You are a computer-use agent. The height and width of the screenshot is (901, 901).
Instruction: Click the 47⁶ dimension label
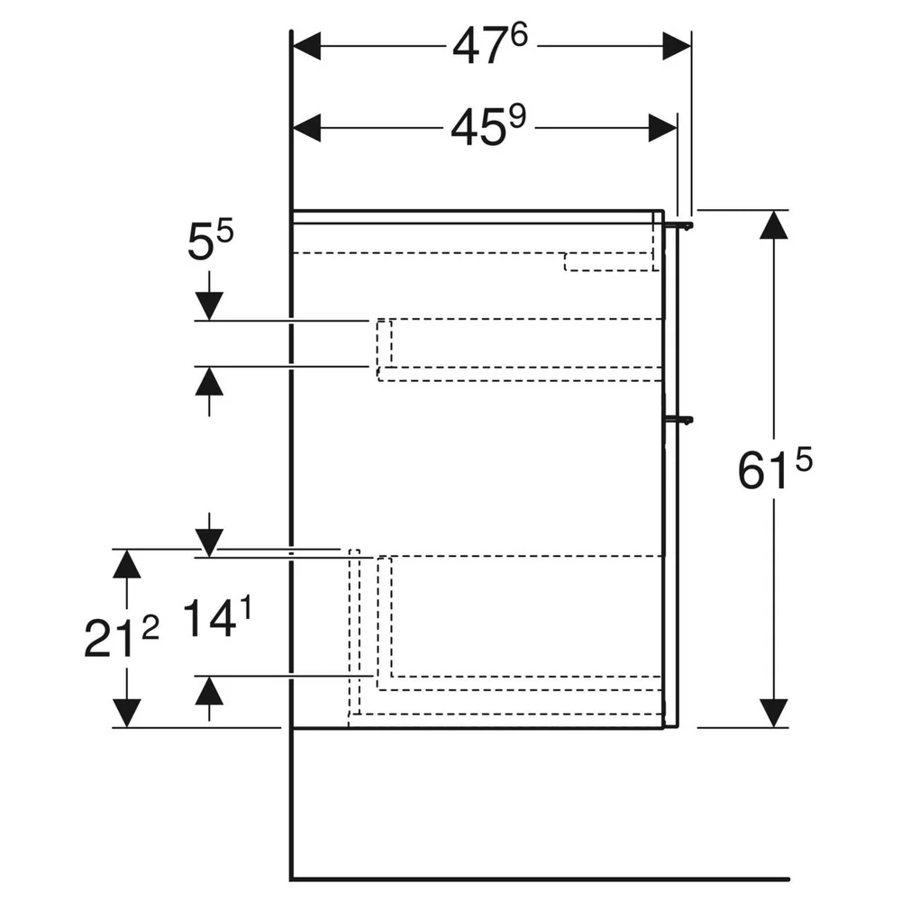[489, 45]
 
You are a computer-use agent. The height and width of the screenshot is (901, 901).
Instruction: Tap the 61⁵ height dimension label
[775, 469]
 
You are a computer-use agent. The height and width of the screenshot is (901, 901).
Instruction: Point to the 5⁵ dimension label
[210, 241]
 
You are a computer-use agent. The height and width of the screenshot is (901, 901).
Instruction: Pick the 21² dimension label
[122, 637]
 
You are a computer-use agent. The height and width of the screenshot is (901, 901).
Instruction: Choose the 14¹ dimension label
[217, 617]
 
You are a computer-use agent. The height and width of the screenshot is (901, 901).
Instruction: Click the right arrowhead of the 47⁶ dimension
[677, 45]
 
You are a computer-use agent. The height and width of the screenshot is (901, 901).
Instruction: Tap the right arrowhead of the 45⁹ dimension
[662, 128]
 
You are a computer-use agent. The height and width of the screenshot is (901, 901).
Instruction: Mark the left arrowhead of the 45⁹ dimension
[307, 128]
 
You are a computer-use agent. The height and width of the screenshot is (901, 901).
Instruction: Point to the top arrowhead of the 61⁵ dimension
[773, 224]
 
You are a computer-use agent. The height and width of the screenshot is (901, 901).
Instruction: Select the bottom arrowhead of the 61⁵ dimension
[773, 713]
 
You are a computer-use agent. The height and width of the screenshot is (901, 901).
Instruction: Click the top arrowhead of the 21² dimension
[126, 564]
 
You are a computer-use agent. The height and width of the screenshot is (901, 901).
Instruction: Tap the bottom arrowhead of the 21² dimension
[126, 713]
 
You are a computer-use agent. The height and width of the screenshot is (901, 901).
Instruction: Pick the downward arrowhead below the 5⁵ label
[209, 306]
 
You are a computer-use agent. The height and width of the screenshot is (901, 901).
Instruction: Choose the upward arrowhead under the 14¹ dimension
[209, 690]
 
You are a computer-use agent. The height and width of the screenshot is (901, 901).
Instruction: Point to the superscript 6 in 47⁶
[518, 36]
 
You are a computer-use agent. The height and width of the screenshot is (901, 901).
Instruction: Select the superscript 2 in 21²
[150, 629]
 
